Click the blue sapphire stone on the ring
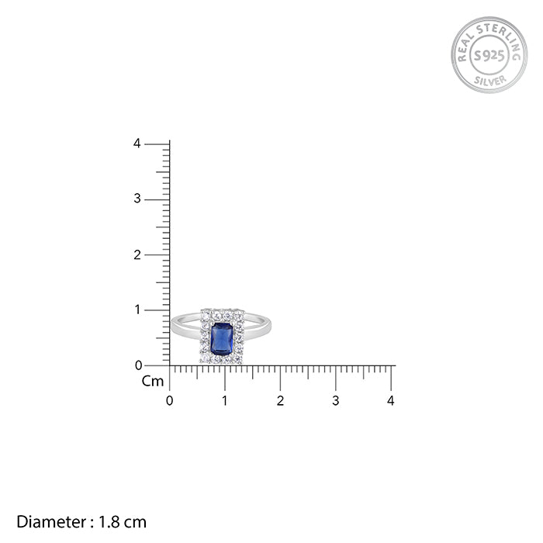point(222,339)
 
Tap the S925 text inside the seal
point(489,55)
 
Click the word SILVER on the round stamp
point(490,81)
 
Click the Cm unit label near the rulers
point(153,382)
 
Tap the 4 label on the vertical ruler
point(137,144)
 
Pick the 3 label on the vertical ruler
point(137,199)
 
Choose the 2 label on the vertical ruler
point(137,255)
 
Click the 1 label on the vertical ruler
point(138,310)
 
